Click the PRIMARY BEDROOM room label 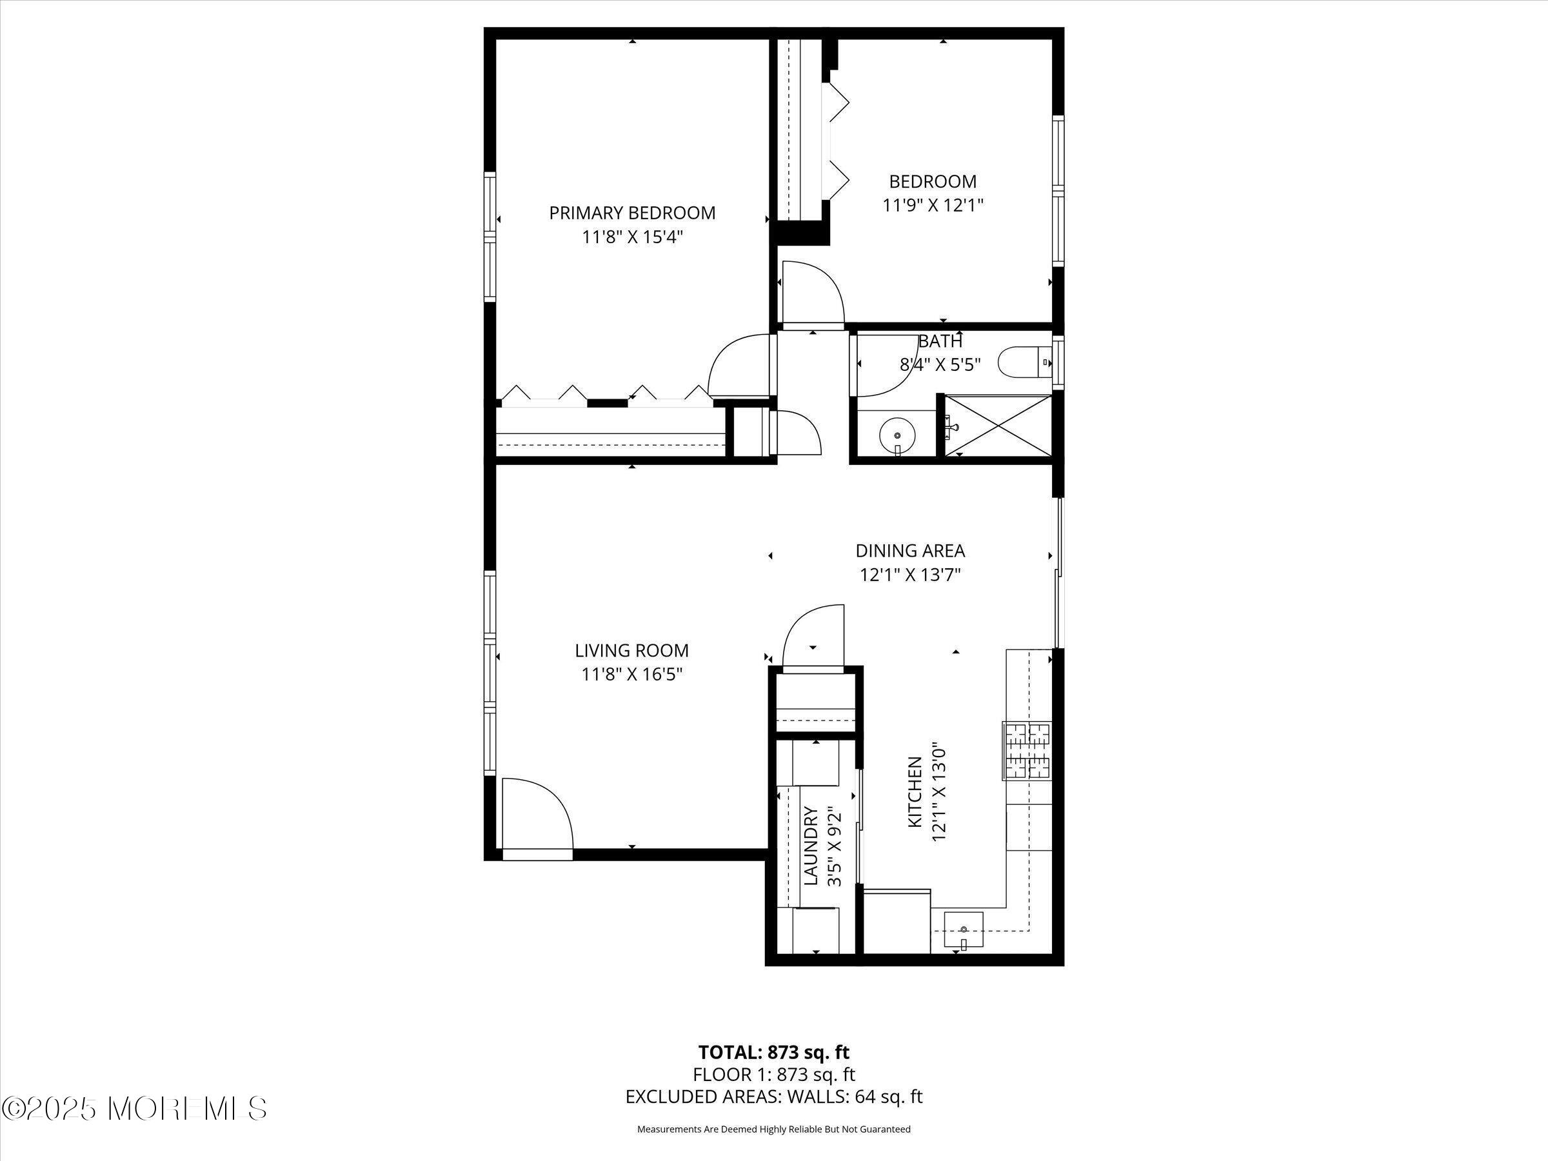[632, 213]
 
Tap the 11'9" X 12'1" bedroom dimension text [933, 206]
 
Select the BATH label [940, 341]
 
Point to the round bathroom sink [897, 435]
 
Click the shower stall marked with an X [998, 426]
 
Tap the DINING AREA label [909, 551]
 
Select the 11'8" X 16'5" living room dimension [632, 675]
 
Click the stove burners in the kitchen [1028, 751]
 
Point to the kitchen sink [964, 929]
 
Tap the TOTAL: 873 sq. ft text [773, 1052]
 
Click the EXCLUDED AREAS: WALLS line [773, 1096]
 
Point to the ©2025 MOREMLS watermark [134, 1108]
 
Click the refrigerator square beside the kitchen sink [897, 921]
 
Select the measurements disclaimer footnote [773, 1129]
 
